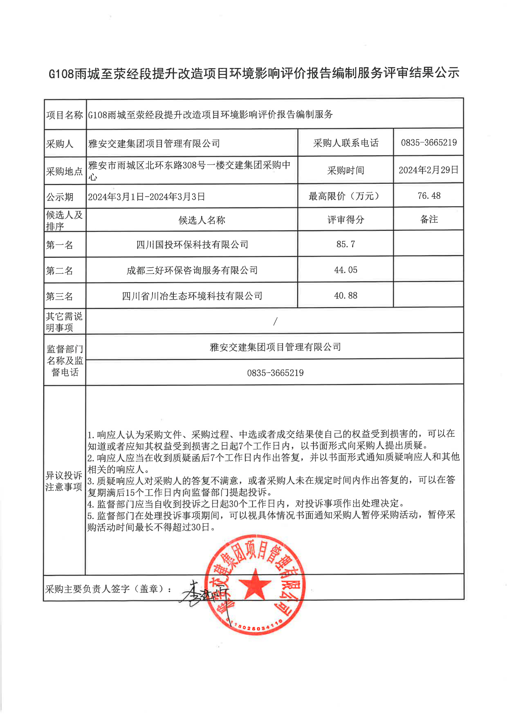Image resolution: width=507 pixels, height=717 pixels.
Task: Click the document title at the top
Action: coord(254,73)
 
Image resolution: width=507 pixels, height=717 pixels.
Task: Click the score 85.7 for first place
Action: coord(345,244)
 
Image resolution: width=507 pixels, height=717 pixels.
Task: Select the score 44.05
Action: coord(345,270)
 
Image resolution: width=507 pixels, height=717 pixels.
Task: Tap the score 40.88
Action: coord(345,296)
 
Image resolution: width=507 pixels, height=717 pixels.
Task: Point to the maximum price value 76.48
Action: coord(429,196)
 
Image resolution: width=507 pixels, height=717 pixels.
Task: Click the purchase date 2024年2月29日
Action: coord(428,170)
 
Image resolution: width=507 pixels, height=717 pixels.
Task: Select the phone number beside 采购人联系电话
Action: coord(429,143)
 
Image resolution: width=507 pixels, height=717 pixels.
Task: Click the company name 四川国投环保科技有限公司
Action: coord(192,245)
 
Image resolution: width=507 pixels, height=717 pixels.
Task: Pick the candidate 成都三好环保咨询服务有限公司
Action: coord(192,270)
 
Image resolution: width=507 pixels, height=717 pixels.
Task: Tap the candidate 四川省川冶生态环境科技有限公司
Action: coord(192,296)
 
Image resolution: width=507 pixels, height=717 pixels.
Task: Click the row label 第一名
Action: coord(59,245)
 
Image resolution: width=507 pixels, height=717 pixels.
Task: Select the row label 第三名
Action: coord(59,297)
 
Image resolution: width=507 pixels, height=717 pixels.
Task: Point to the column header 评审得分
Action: coord(345,220)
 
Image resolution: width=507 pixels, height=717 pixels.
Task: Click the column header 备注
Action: coord(429,220)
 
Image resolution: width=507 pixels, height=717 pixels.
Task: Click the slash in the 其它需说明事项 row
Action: coord(275,321)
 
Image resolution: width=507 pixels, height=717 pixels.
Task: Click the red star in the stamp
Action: coord(255,584)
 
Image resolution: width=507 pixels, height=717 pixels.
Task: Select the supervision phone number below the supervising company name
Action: coord(275,373)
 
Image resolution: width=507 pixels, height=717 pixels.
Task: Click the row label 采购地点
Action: coord(64,172)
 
